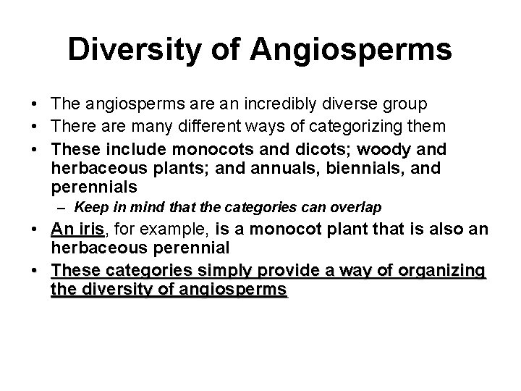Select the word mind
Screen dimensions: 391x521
click(140, 207)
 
